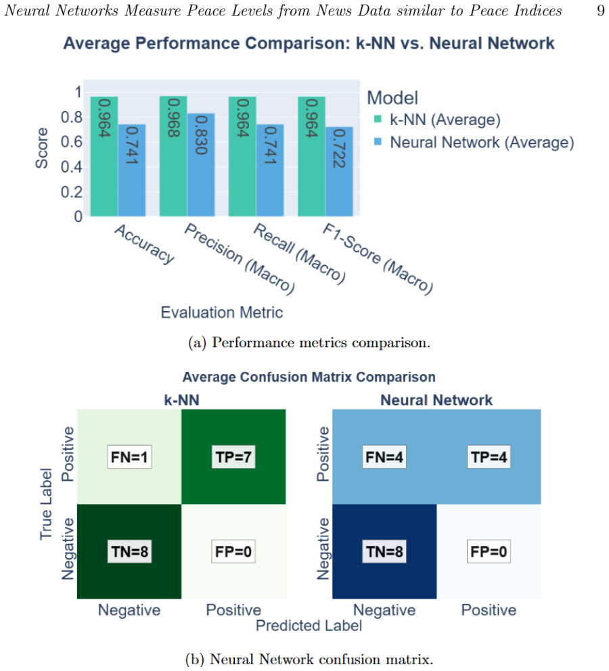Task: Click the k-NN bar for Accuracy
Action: pos(104,156)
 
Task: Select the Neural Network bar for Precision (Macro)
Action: pos(201,165)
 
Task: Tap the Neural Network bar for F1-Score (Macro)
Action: pos(339,172)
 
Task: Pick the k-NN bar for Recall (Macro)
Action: pos(242,156)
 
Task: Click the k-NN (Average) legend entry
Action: pos(437,120)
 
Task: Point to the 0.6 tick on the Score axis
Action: pos(72,141)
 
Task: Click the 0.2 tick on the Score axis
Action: pos(72,191)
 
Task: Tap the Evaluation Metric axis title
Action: pos(222,313)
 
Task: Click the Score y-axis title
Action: pos(41,147)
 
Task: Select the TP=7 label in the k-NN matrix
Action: pos(233,457)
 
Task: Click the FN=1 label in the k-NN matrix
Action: pos(129,457)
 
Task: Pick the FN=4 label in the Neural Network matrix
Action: pos(384,457)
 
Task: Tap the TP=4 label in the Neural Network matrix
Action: pos(489,457)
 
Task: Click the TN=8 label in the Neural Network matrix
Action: pos(384,551)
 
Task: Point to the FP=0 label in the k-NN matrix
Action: pos(233,551)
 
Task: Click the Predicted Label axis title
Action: pos(309,626)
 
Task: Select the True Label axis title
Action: pos(46,504)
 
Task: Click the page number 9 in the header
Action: pos(600,10)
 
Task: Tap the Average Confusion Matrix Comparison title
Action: pos(309,377)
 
